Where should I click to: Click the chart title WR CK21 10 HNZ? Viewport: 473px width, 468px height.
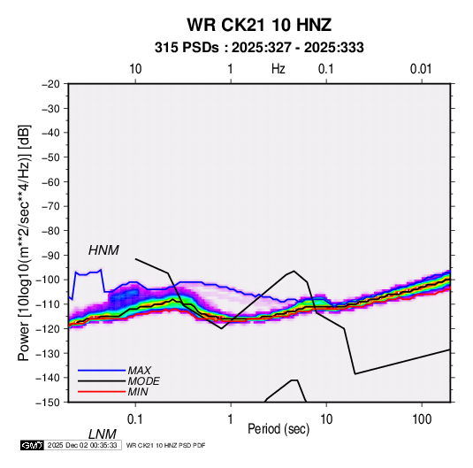pos(259,25)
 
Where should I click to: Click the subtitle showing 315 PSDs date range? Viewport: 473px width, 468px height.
pos(259,48)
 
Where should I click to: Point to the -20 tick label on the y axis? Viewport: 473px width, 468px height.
pos(50,84)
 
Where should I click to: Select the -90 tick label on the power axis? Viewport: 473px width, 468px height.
pos(50,256)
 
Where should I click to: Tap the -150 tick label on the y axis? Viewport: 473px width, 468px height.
pos(49,403)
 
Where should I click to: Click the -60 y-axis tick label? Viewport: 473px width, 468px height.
pos(50,181)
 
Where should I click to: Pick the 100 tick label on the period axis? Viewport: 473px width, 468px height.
pos(422,419)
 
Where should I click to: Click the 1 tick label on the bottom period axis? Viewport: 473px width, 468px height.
pos(231,419)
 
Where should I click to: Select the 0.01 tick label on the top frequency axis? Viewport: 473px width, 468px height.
pos(421,69)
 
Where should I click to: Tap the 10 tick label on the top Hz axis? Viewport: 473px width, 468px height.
pos(135,69)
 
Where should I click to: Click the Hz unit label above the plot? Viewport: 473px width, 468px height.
pos(278,69)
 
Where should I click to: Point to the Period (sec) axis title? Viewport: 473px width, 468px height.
pos(278,429)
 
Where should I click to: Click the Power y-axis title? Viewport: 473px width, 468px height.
pos(24,242)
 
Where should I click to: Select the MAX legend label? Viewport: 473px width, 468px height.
pos(139,371)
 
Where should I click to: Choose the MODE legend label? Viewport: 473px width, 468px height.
pos(143,381)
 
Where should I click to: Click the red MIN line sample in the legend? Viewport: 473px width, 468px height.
pos(102,392)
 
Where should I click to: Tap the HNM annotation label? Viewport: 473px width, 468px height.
pos(103,250)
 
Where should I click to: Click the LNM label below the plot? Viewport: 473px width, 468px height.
pos(102,434)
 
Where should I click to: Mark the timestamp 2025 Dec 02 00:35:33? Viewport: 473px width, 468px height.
pos(82,445)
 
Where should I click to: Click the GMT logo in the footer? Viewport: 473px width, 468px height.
pos(32,445)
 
